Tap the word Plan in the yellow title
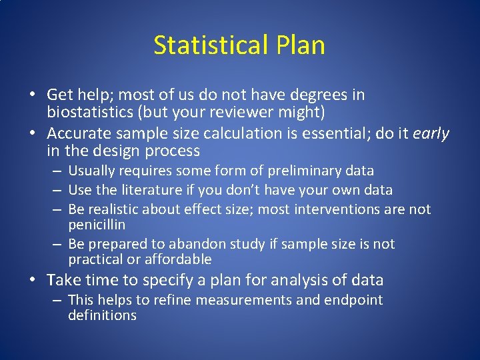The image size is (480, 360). pyautogui.click(x=300, y=45)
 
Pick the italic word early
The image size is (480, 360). pyautogui.click(x=431, y=133)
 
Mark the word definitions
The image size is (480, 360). pyautogui.click(x=102, y=315)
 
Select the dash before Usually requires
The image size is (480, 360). pyautogui.click(x=57, y=171)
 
